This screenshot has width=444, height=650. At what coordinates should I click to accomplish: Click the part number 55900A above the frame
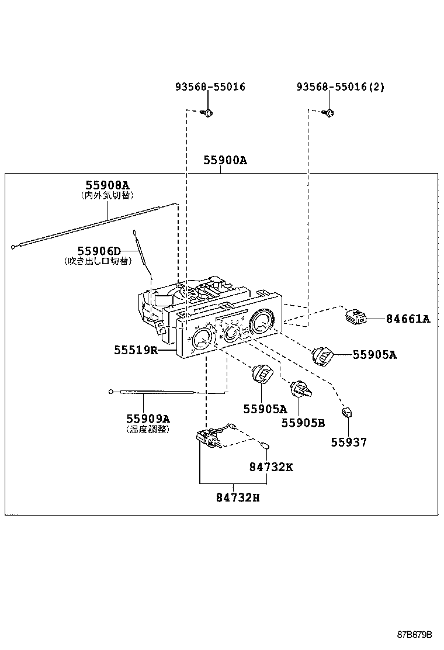pyautogui.click(x=225, y=160)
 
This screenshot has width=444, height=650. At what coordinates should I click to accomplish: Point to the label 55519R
pyautogui.click(x=136, y=350)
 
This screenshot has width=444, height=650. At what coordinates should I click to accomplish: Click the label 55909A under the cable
pyautogui.click(x=148, y=419)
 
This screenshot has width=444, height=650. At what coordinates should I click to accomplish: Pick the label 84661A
pyautogui.click(x=408, y=319)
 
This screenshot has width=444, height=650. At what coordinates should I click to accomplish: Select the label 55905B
pyautogui.click(x=303, y=423)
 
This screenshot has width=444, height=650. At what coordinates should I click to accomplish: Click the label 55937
pyautogui.click(x=349, y=442)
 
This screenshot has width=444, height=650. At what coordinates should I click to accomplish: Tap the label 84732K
pyautogui.click(x=270, y=467)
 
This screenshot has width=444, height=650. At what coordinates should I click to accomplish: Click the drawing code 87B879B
pyautogui.click(x=415, y=634)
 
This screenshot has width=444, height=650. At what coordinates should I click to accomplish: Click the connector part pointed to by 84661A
pyautogui.click(x=356, y=316)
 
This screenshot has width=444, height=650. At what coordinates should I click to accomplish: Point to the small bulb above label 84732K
pyautogui.click(x=266, y=445)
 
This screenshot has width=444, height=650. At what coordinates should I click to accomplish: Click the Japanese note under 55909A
pyautogui.click(x=148, y=430)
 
